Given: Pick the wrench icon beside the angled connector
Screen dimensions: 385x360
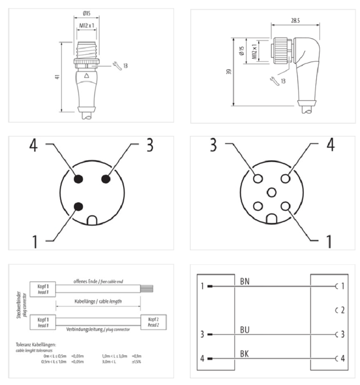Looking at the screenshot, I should pyautogui.click(x=273, y=81).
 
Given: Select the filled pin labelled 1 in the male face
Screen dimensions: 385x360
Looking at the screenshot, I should pyautogui.click(x=78, y=207).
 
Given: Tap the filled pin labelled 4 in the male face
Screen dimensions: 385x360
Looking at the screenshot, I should pyautogui.click(x=78, y=179).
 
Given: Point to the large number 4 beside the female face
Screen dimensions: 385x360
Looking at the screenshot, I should pyautogui.click(x=329, y=145).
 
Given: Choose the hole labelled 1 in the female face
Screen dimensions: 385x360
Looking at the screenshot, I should pyautogui.click(x=285, y=206).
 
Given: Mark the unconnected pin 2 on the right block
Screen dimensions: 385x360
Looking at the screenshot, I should pyautogui.click(x=340, y=310).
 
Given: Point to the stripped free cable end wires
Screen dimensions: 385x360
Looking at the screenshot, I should pyautogui.click(x=147, y=289).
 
